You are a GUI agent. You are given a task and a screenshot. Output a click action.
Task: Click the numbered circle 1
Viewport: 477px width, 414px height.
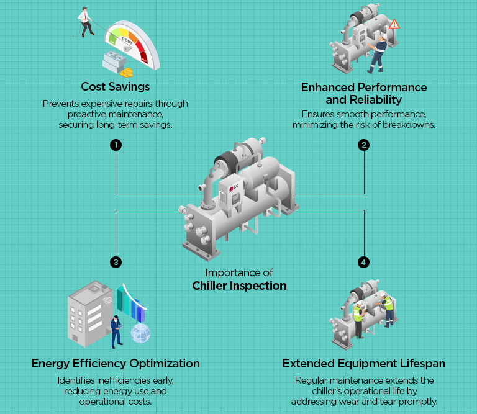tap(115, 145)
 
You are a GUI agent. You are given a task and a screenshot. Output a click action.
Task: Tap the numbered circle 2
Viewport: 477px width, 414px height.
tap(363, 145)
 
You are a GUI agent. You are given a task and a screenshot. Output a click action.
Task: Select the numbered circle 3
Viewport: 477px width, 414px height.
tap(115, 262)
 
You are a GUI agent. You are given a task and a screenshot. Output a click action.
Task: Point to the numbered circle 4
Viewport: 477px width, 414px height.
tap(363, 262)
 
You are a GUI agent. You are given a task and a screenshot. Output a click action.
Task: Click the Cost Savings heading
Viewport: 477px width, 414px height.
tap(115, 86)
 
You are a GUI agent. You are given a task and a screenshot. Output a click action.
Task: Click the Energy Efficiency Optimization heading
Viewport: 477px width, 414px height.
tap(116, 363)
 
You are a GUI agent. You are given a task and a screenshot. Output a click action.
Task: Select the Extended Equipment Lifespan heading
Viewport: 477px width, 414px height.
tap(364, 363)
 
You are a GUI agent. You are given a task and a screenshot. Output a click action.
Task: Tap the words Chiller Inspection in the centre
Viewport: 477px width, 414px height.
tap(239, 286)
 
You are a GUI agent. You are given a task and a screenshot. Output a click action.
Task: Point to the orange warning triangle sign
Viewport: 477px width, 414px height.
tap(394, 24)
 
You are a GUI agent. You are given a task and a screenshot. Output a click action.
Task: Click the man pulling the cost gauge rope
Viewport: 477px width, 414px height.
tap(84, 21)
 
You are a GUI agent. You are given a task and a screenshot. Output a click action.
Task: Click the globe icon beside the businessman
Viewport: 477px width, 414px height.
tap(140, 333)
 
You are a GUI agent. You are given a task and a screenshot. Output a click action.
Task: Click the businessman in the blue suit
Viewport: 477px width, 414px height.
tap(116, 331)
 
